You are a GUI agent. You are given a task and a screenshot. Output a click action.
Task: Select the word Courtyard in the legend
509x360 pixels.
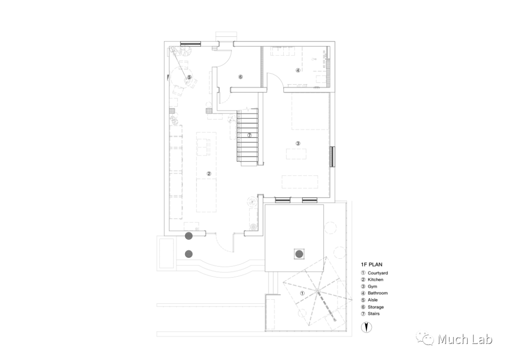[x=378, y=273]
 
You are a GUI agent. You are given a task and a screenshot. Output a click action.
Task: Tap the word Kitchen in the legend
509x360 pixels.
[x=376, y=280]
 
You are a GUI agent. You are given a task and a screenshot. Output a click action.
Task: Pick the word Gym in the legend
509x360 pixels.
[x=372, y=286]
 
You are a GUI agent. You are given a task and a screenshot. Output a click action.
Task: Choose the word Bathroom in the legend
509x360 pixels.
[x=378, y=293]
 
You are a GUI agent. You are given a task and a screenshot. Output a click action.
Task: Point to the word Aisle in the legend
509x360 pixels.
[x=373, y=300]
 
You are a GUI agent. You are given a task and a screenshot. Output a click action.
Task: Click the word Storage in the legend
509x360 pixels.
[x=376, y=307]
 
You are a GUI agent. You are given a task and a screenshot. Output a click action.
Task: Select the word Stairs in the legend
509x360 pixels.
[x=374, y=313]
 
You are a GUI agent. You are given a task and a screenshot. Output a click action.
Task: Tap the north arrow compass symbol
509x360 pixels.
[x=366, y=327]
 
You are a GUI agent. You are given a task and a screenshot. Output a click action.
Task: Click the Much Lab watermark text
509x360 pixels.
[x=465, y=339]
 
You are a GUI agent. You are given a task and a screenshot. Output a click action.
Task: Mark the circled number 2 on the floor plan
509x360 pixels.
[x=209, y=173]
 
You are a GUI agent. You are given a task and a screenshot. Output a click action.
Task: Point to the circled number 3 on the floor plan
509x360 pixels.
[x=298, y=143]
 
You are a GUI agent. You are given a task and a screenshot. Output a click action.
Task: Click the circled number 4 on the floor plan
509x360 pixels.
[x=297, y=70]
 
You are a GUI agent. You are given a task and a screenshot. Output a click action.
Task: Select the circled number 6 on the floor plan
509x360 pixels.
[x=240, y=76]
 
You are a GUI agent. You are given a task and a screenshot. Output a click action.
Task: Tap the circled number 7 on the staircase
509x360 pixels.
[x=249, y=135]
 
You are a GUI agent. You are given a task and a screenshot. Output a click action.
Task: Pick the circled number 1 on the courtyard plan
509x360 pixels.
[x=303, y=293]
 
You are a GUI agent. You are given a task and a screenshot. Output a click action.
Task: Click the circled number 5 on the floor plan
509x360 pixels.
[x=189, y=77]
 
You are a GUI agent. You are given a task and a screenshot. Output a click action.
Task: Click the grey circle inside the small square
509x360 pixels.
[x=299, y=254]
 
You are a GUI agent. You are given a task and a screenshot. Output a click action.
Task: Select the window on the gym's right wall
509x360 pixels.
[x=332, y=157]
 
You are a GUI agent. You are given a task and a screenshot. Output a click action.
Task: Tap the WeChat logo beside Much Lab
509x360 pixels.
[x=428, y=339]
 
